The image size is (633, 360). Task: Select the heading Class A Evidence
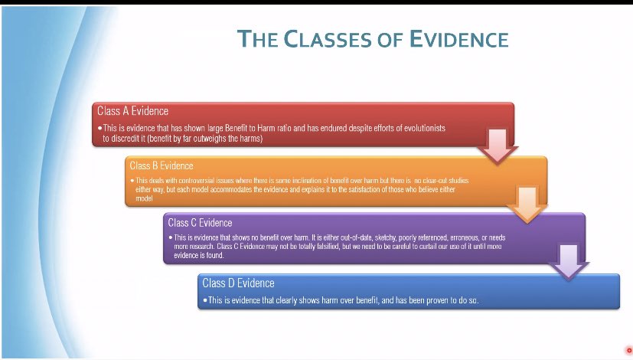pyautogui.click(x=132, y=111)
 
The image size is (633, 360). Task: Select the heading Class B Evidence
pyautogui.click(x=162, y=165)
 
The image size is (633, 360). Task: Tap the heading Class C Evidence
pyautogui.click(x=200, y=223)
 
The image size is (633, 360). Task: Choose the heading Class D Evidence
pyautogui.click(x=238, y=283)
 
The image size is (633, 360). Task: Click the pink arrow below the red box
pyautogui.click(x=497, y=146)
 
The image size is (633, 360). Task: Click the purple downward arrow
pyautogui.click(x=567, y=260)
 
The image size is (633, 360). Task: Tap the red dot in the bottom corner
pyautogui.click(x=629, y=351)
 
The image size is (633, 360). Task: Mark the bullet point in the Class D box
pyautogui.click(x=205, y=300)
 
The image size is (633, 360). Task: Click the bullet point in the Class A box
pyautogui.click(x=100, y=128)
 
